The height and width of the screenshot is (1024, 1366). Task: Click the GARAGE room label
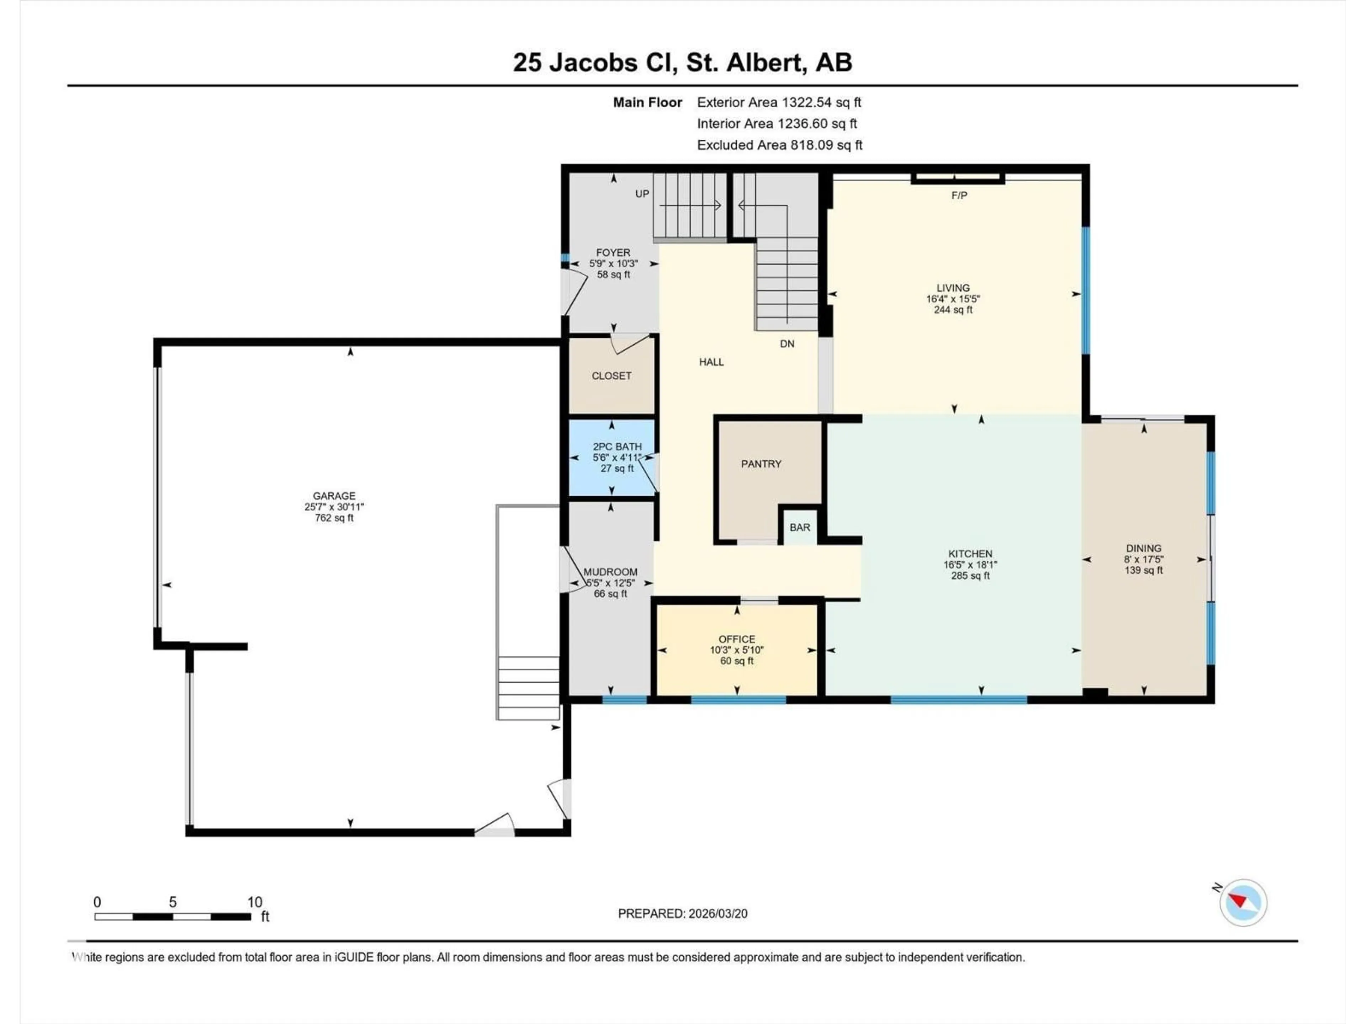pyautogui.click(x=334, y=496)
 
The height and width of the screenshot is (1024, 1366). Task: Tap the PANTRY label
pyautogui.click(x=761, y=464)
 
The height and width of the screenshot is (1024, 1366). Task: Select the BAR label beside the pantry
pyautogui.click(x=800, y=527)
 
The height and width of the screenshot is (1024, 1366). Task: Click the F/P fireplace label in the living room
pyautogui.click(x=959, y=195)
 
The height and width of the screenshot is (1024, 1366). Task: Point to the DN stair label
pyautogui.click(x=787, y=344)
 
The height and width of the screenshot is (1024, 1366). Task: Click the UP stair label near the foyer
pyautogui.click(x=642, y=194)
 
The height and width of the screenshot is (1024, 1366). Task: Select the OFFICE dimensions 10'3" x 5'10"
pyautogui.click(x=737, y=650)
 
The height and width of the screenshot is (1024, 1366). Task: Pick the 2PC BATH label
pyautogui.click(x=617, y=446)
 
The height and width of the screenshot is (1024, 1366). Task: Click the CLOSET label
pyautogui.click(x=611, y=376)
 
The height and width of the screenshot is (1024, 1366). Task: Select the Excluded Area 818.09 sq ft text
pyautogui.click(x=779, y=145)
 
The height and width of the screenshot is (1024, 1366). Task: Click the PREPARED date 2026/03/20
pyautogui.click(x=682, y=913)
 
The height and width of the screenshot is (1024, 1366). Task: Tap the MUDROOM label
pyautogui.click(x=610, y=572)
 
